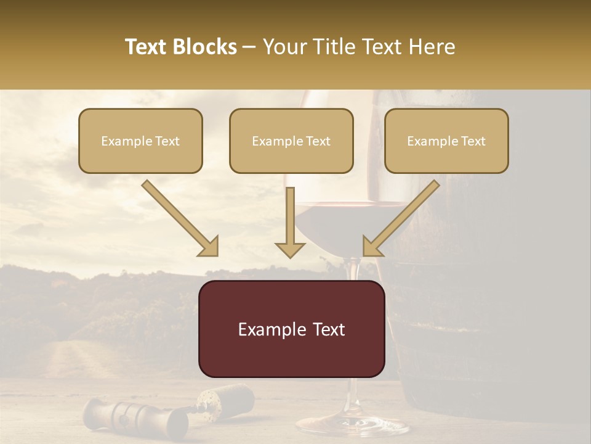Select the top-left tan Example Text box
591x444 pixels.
[140, 141]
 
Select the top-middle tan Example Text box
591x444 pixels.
[291, 141]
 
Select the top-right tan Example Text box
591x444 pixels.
[446, 141]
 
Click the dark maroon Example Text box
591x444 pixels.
[291, 329]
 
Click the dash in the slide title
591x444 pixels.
[249, 47]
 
